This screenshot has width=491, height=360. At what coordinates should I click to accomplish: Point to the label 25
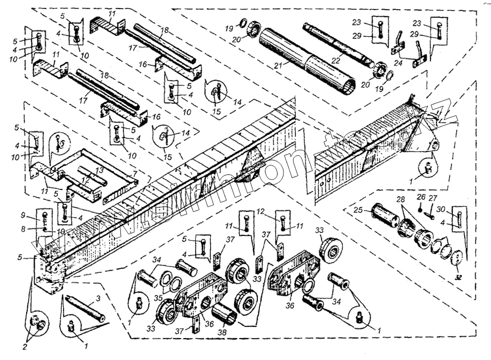360,210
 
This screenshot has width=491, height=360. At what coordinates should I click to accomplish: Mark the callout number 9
38,216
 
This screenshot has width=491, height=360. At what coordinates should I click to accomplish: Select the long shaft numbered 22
342,42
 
